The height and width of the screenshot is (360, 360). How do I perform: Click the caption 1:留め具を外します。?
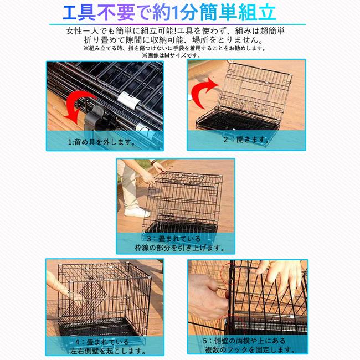102,142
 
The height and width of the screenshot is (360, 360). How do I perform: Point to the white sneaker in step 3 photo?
136,212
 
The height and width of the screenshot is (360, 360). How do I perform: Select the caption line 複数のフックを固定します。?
248,350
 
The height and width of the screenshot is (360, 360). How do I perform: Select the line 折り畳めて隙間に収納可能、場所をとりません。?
179,40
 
